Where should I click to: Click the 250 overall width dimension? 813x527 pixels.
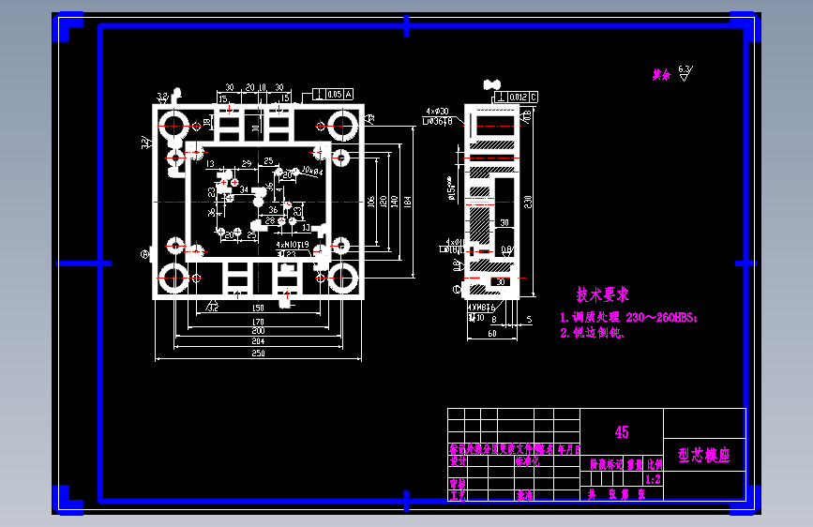258,354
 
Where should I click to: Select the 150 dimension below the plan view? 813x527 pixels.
258,308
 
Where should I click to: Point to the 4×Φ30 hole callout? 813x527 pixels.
439,111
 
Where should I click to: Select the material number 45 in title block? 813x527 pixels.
622,432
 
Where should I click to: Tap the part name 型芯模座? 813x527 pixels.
703,456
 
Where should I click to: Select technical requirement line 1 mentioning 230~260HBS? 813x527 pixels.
628,318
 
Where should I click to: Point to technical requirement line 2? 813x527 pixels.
593,332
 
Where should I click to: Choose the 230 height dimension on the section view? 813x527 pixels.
528,200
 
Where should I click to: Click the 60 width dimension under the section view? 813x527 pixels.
490,332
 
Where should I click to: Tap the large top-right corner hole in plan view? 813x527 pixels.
340,125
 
